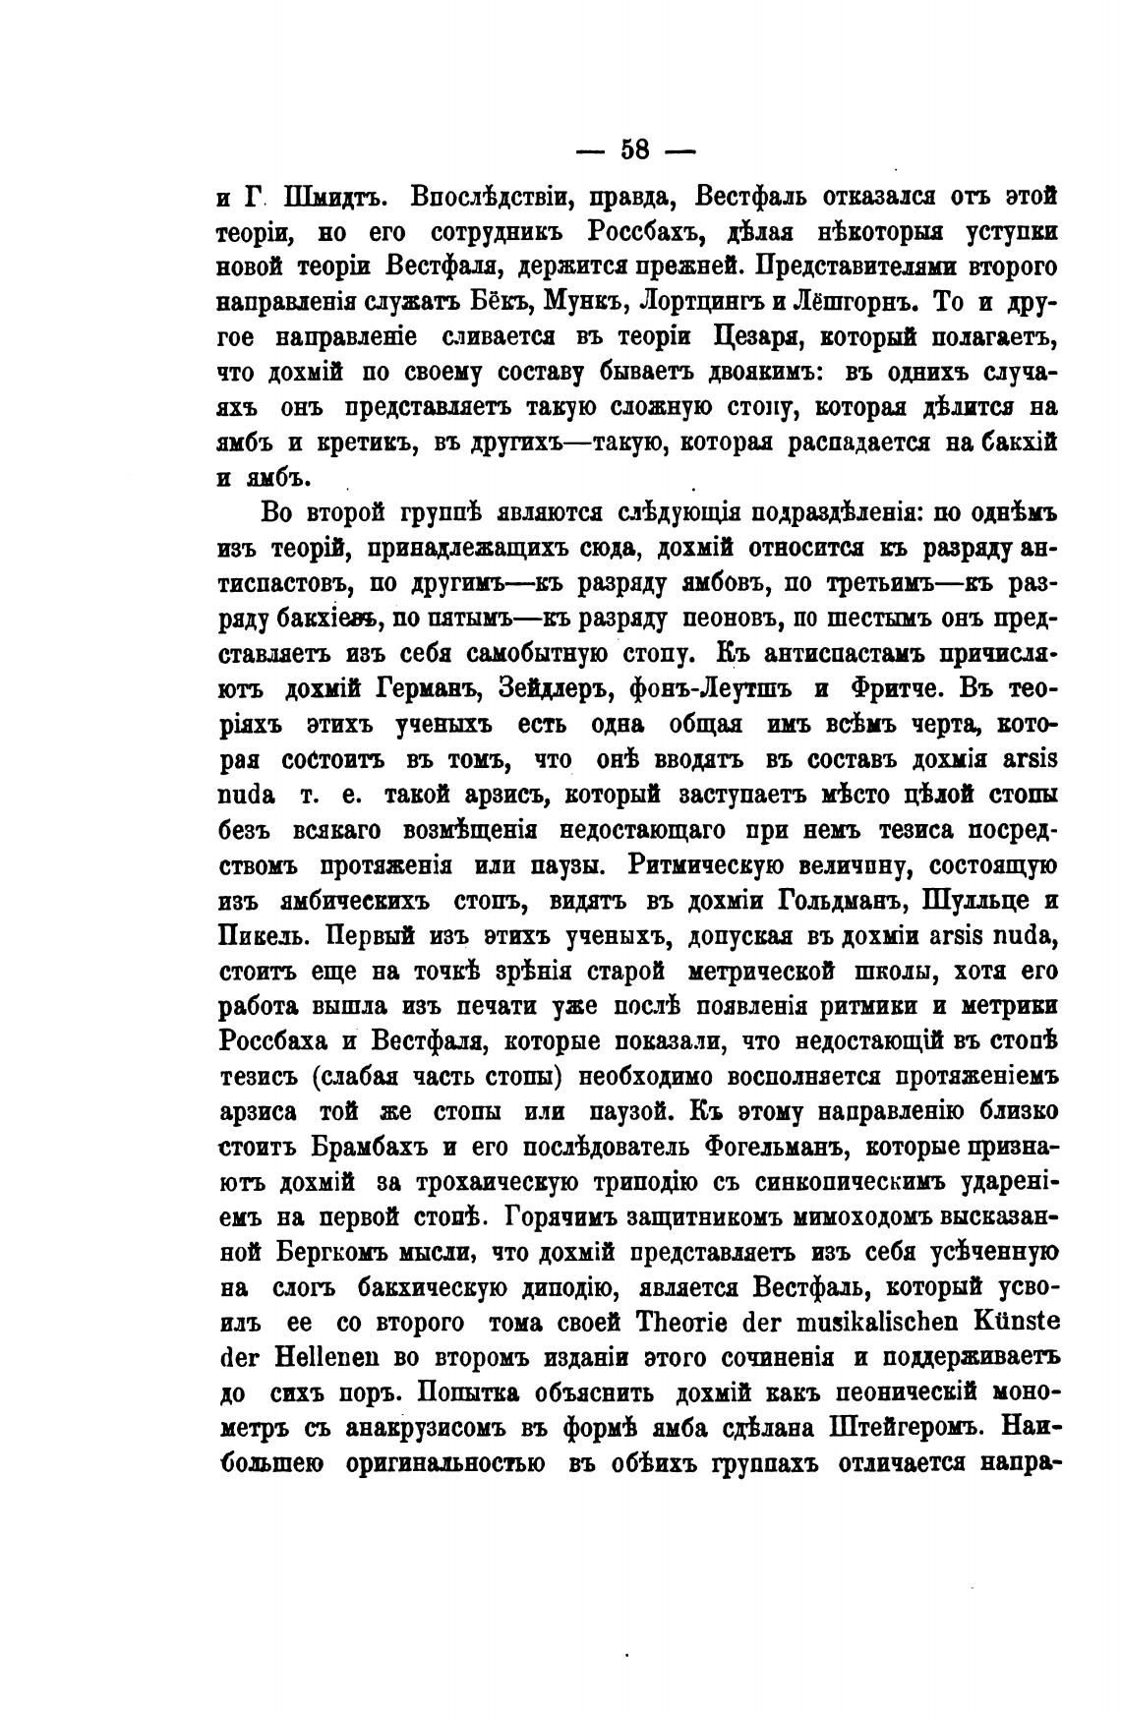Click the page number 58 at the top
click(x=634, y=149)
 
